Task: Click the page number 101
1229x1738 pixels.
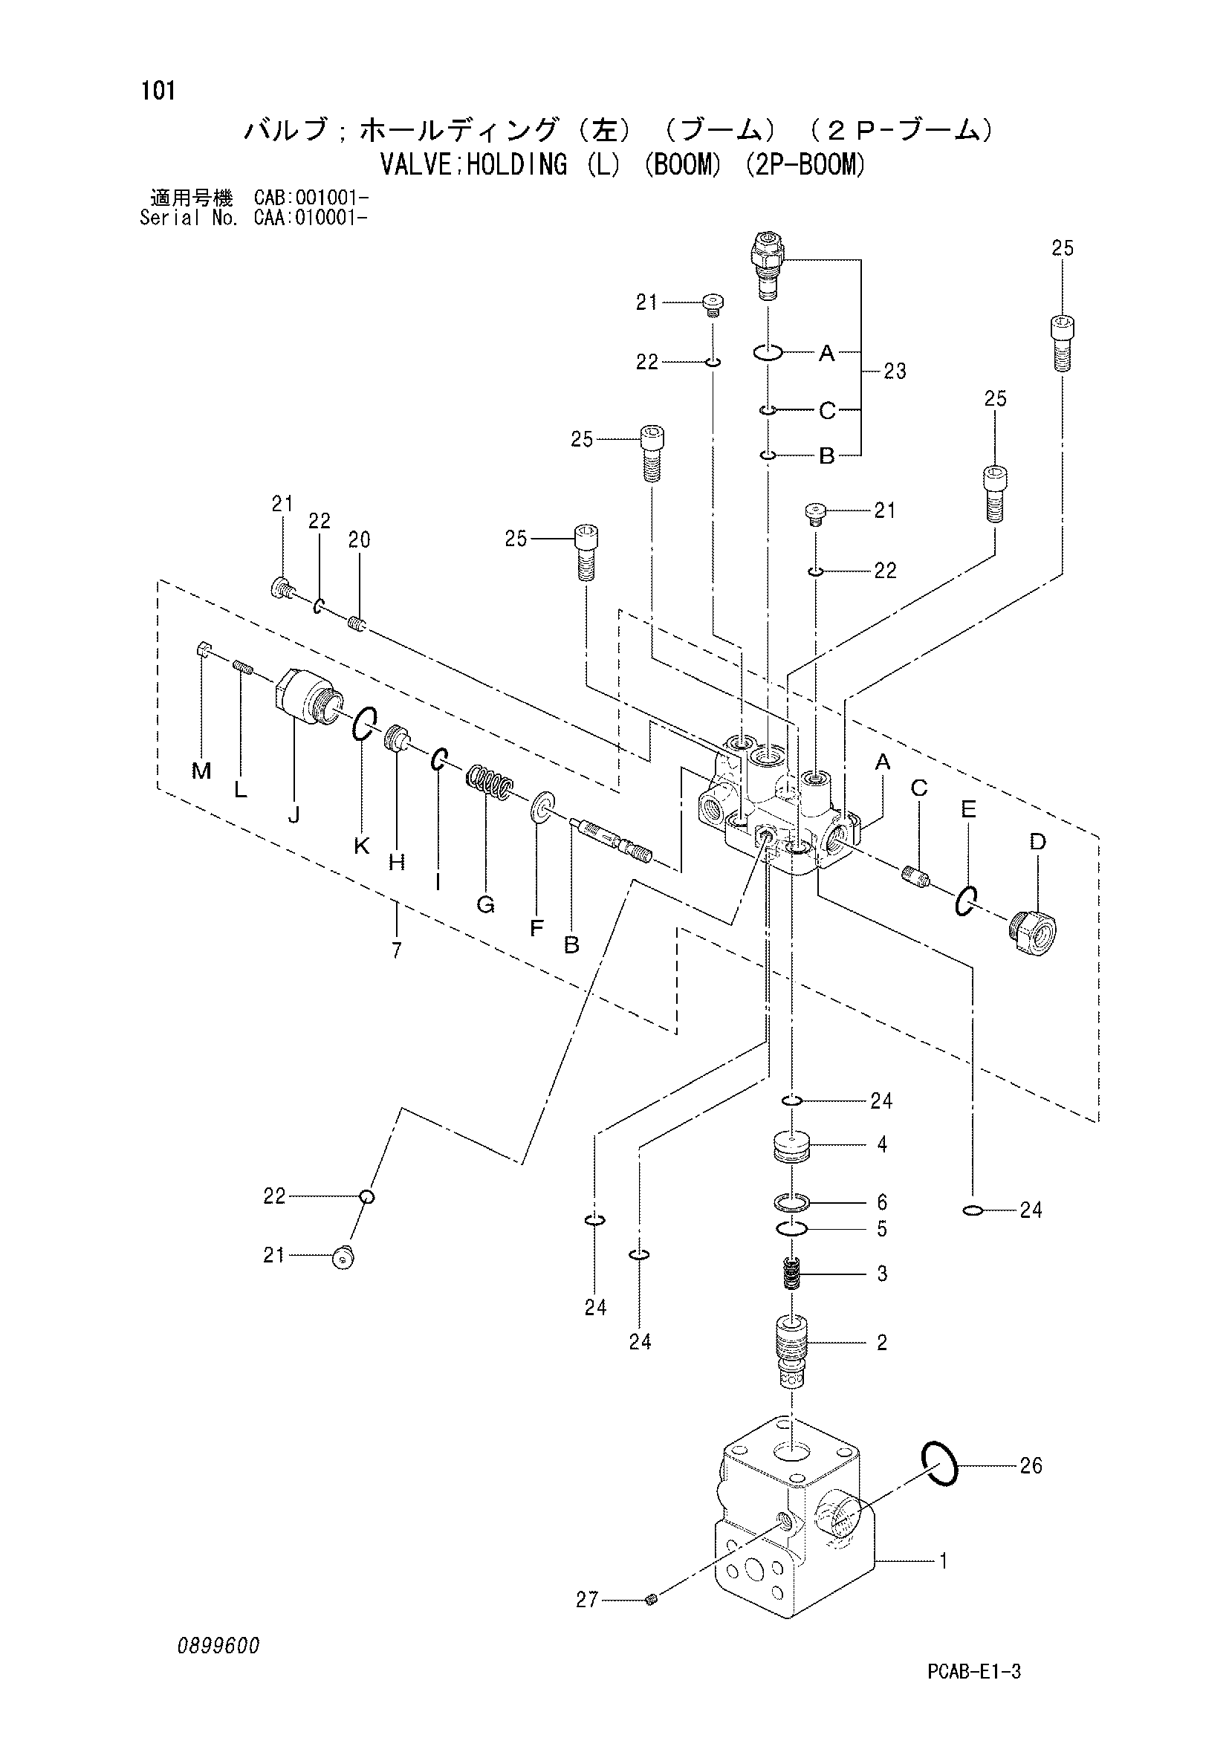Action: pyautogui.click(x=158, y=91)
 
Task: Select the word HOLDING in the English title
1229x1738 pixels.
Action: pyautogui.click(x=517, y=164)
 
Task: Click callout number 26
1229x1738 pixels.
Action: pyautogui.click(x=1031, y=1466)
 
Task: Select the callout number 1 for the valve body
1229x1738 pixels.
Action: pyautogui.click(x=943, y=1560)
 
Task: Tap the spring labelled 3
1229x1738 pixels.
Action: pyautogui.click(x=791, y=1274)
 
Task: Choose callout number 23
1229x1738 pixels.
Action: pyautogui.click(x=895, y=371)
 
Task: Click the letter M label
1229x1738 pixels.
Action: pyautogui.click(x=201, y=771)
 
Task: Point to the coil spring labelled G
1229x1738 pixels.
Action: pyautogui.click(x=489, y=782)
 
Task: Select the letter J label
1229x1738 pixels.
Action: pyautogui.click(x=294, y=814)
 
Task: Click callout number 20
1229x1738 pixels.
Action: pyautogui.click(x=359, y=539)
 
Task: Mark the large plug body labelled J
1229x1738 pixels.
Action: pyautogui.click(x=308, y=697)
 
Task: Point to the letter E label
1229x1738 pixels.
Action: pyautogui.click(x=968, y=810)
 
